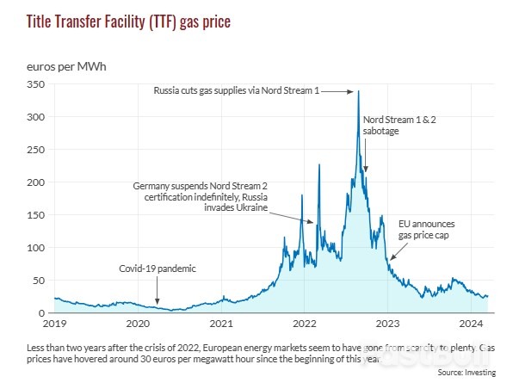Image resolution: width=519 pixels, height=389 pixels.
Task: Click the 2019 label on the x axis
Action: coord(55,324)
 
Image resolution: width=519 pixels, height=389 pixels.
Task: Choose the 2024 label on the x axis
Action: coord(471,324)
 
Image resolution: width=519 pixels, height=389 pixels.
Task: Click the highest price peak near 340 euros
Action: coord(358,92)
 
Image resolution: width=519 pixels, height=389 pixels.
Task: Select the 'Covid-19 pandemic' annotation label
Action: coord(158,269)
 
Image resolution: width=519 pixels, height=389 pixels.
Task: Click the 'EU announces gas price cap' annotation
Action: coord(425,228)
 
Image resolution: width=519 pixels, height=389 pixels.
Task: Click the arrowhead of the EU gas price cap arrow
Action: coord(390,258)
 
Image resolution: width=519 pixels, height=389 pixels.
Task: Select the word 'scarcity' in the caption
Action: coord(425,346)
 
